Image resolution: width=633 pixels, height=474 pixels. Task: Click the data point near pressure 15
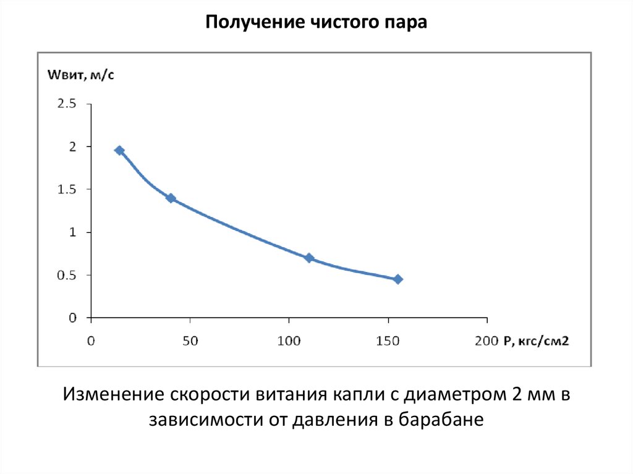(119, 150)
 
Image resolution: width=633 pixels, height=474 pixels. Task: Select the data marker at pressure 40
(171, 198)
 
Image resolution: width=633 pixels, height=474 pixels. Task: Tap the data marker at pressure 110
(309, 258)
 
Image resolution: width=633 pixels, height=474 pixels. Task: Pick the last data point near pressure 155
(398, 279)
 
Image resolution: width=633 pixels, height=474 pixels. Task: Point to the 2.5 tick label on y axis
(66, 104)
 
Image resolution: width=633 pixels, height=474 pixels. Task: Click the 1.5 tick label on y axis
(66, 189)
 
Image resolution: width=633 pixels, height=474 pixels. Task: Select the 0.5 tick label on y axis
(66, 275)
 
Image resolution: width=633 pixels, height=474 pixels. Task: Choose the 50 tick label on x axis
(190, 341)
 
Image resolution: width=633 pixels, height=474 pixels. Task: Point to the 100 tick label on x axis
(289, 341)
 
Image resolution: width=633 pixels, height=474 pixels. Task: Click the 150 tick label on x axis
(388, 341)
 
